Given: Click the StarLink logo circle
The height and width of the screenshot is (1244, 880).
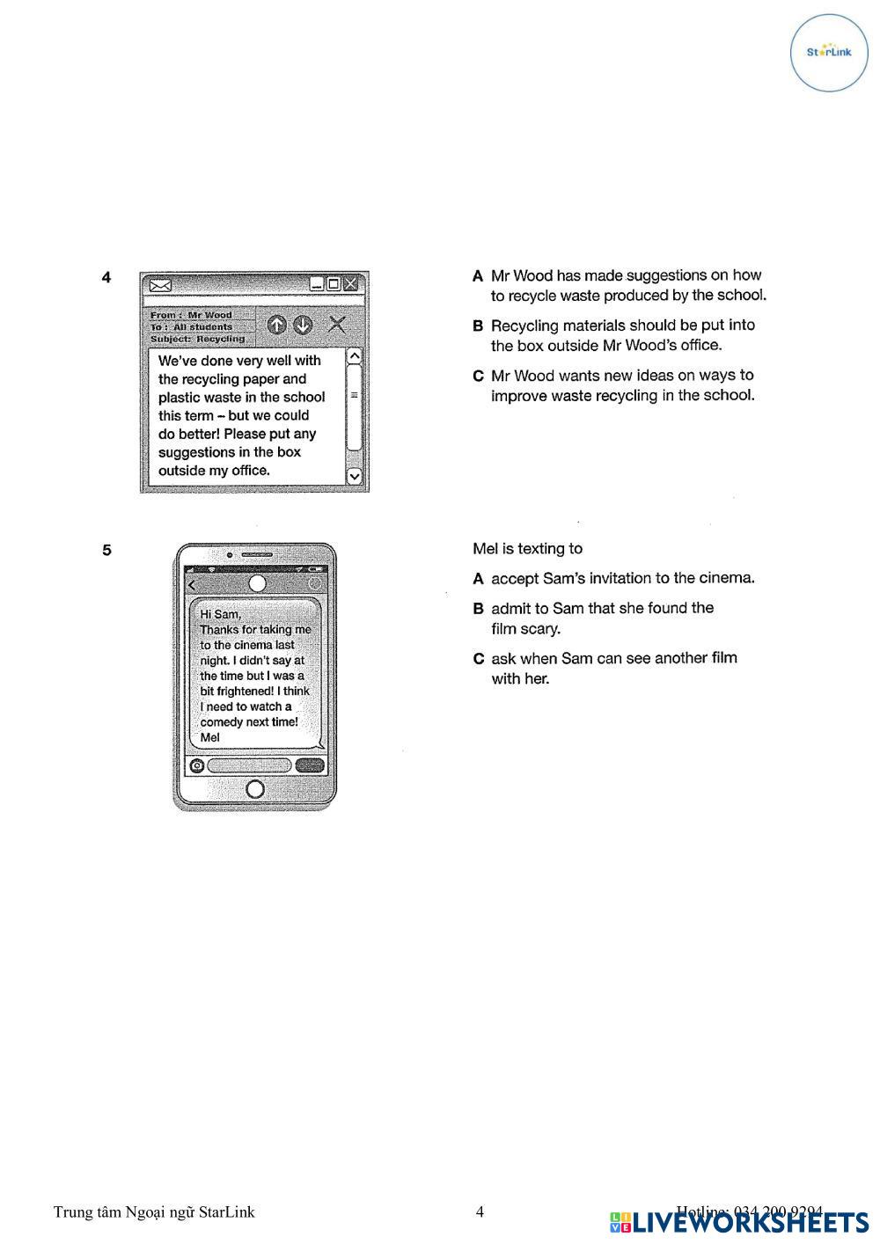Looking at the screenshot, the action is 829,52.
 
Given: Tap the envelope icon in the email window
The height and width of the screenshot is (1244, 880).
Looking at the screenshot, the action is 160,285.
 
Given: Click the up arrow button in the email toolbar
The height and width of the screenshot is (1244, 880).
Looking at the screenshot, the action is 276,326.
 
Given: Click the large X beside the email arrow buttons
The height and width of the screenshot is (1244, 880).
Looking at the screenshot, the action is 337,325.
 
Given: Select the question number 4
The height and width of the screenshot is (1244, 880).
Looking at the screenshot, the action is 106,278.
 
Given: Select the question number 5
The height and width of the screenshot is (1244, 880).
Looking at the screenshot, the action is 106,551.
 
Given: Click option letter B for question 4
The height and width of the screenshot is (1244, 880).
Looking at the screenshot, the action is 478,326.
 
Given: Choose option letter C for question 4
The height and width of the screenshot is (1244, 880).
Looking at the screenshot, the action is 478,377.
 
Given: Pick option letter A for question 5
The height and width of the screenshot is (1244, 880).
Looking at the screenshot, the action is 478,579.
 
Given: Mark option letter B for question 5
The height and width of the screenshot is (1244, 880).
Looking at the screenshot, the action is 478,609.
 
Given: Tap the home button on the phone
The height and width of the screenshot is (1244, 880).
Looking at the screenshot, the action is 255,788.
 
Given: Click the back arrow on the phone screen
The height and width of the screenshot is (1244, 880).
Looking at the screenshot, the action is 193,584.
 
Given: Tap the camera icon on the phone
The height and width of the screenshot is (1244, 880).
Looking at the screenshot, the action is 197,765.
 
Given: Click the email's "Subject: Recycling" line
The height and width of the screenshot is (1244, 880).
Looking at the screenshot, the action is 198,339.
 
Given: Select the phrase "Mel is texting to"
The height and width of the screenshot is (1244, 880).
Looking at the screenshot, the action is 527,549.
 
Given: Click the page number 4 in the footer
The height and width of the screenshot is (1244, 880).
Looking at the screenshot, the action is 480,1212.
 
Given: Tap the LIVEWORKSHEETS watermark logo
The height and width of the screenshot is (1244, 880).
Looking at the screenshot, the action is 739,1222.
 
